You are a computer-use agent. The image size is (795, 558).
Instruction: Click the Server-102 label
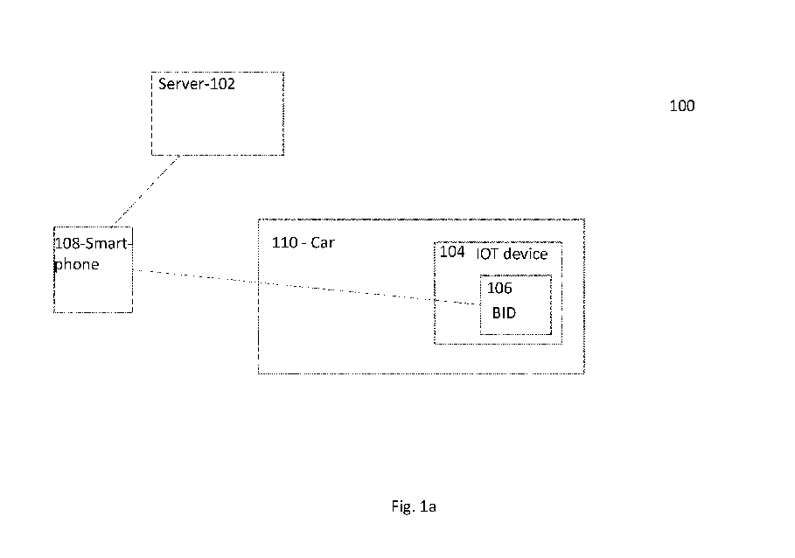(x=197, y=84)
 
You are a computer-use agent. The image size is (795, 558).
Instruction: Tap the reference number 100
(x=682, y=106)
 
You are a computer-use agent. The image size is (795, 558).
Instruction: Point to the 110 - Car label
(x=303, y=242)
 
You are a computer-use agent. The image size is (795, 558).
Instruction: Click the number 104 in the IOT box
(x=452, y=252)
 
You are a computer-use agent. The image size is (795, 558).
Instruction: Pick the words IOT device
(x=512, y=254)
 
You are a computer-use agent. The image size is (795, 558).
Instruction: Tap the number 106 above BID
(x=499, y=288)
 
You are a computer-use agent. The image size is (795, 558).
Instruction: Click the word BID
(x=504, y=313)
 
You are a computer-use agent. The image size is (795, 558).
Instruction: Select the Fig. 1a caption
(x=414, y=506)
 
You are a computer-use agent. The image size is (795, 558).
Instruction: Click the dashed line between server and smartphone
(x=146, y=191)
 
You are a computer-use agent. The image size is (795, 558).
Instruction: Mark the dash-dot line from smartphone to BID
(x=306, y=287)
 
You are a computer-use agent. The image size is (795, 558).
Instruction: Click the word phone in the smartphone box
(x=77, y=264)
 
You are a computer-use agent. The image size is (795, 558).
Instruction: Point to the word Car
(x=323, y=242)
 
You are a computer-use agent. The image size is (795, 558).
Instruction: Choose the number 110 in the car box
(x=284, y=242)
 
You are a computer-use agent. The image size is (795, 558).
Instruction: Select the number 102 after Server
(x=222, y=84)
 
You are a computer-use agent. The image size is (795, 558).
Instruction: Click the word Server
(x=180, y=84)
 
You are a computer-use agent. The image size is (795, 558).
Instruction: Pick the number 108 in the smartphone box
(x=67, y=244)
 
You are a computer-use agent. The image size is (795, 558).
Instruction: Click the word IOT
(x=487, y=254)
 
